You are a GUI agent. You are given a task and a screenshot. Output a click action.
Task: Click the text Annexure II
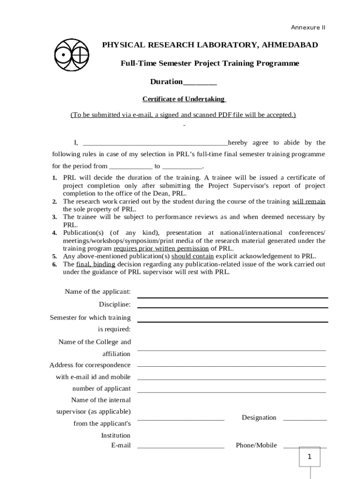pyautogui.click(x=308, y=28)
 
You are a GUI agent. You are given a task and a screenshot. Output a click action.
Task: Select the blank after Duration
pyautogui.click(x=200, y=83)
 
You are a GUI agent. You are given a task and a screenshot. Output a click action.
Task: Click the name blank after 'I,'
pyautogui.click(x=155, y=144)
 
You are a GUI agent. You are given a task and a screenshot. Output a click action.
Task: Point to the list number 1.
pyautogui.click(x=54, y=178)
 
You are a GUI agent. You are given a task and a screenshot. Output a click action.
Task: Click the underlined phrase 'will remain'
pyautogui.click(x=309, y=202)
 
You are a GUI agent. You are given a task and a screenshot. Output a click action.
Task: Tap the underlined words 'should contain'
pyautogui.click(x=193, y=256)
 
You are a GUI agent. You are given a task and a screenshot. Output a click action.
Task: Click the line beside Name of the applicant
pyautogui.click(x=232, y=297)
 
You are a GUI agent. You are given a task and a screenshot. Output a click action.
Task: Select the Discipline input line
pyautogui.click(x=232, y=307)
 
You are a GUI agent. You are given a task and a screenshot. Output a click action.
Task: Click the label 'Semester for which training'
pyautogui.click(x=90, y=318)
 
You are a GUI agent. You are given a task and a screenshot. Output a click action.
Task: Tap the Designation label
pyautogui.click(x=259, y=418)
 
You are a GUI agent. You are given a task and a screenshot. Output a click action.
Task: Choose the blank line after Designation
pyautogui.click(x=305, y=420)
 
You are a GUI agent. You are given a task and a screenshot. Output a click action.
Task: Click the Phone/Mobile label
pyautogui.click(x=256, y=445)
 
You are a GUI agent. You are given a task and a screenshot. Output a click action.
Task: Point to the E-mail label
pyautogui.click(x=121, y=445)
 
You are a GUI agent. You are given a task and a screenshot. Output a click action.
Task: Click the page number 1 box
pyautogui.click(x=309, y=457)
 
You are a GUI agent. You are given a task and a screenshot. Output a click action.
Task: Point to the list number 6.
pyautogui.click(x=54, y=265)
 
